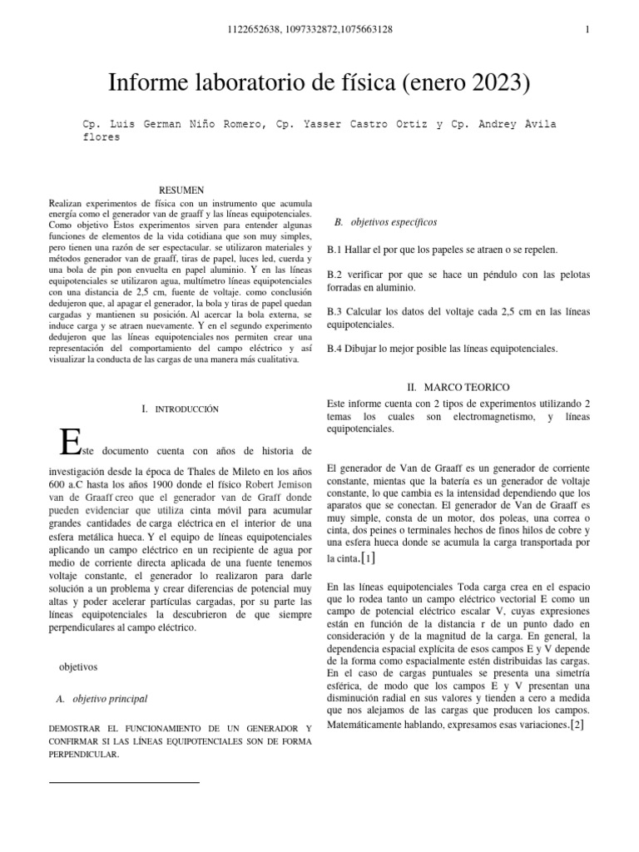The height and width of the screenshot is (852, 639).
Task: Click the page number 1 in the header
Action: (587, 30)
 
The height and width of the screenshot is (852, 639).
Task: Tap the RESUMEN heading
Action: (181, 191)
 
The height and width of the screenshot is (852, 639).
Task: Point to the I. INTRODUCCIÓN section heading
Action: (181, 409)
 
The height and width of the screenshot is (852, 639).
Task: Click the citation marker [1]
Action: (368, 557)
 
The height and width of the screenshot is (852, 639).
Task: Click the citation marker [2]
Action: (577, 725)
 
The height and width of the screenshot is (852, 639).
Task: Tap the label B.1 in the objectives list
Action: (335, 250)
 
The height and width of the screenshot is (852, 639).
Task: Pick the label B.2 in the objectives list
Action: (335, 274)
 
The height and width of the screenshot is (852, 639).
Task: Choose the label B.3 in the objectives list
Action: (335, 312)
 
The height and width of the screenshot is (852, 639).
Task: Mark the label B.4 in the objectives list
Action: (335, 349)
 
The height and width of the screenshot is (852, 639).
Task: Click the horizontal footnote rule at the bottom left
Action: (125, 783)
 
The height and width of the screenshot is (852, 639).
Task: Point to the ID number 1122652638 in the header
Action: (254, 30)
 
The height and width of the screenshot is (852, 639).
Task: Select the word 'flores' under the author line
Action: (101, 138)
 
